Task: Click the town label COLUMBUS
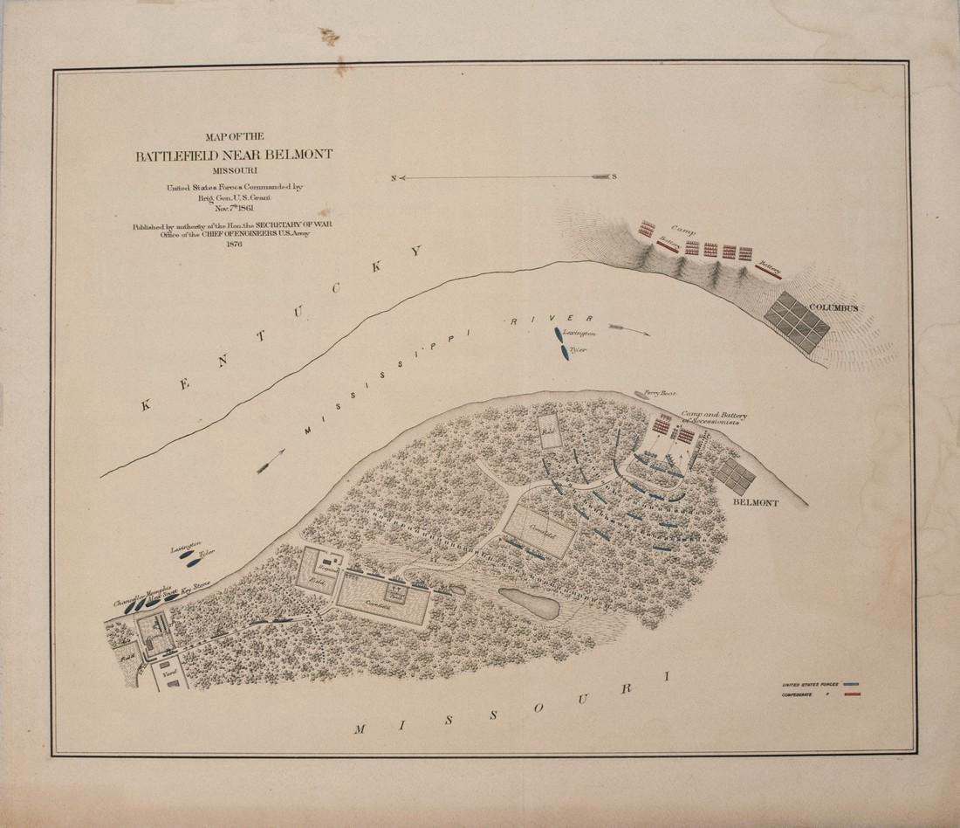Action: [x=833, y=308]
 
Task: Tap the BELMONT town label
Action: [x=757, y=504]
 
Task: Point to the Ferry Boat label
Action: [x=661, y=394]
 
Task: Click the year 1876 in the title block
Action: [x=234, y=244]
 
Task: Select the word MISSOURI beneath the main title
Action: [x=234, y=170]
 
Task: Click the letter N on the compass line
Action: [x=394, y=177]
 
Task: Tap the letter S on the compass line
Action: [x=614, y=176]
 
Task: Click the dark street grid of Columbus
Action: [x=797, y=322]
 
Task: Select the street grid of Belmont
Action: [x=736, y=477]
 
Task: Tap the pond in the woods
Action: [x=528, y=603]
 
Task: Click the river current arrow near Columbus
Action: [x=630, y=330]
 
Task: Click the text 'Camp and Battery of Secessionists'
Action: [x=710, y=417]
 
